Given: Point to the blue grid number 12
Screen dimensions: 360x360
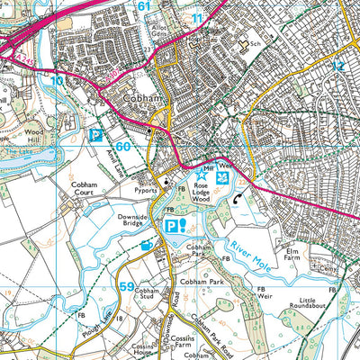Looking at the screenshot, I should click(337, 67).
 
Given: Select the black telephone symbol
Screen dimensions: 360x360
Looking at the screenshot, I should click(238, 200).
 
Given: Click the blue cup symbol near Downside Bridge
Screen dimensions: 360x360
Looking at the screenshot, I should click(147, 244).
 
